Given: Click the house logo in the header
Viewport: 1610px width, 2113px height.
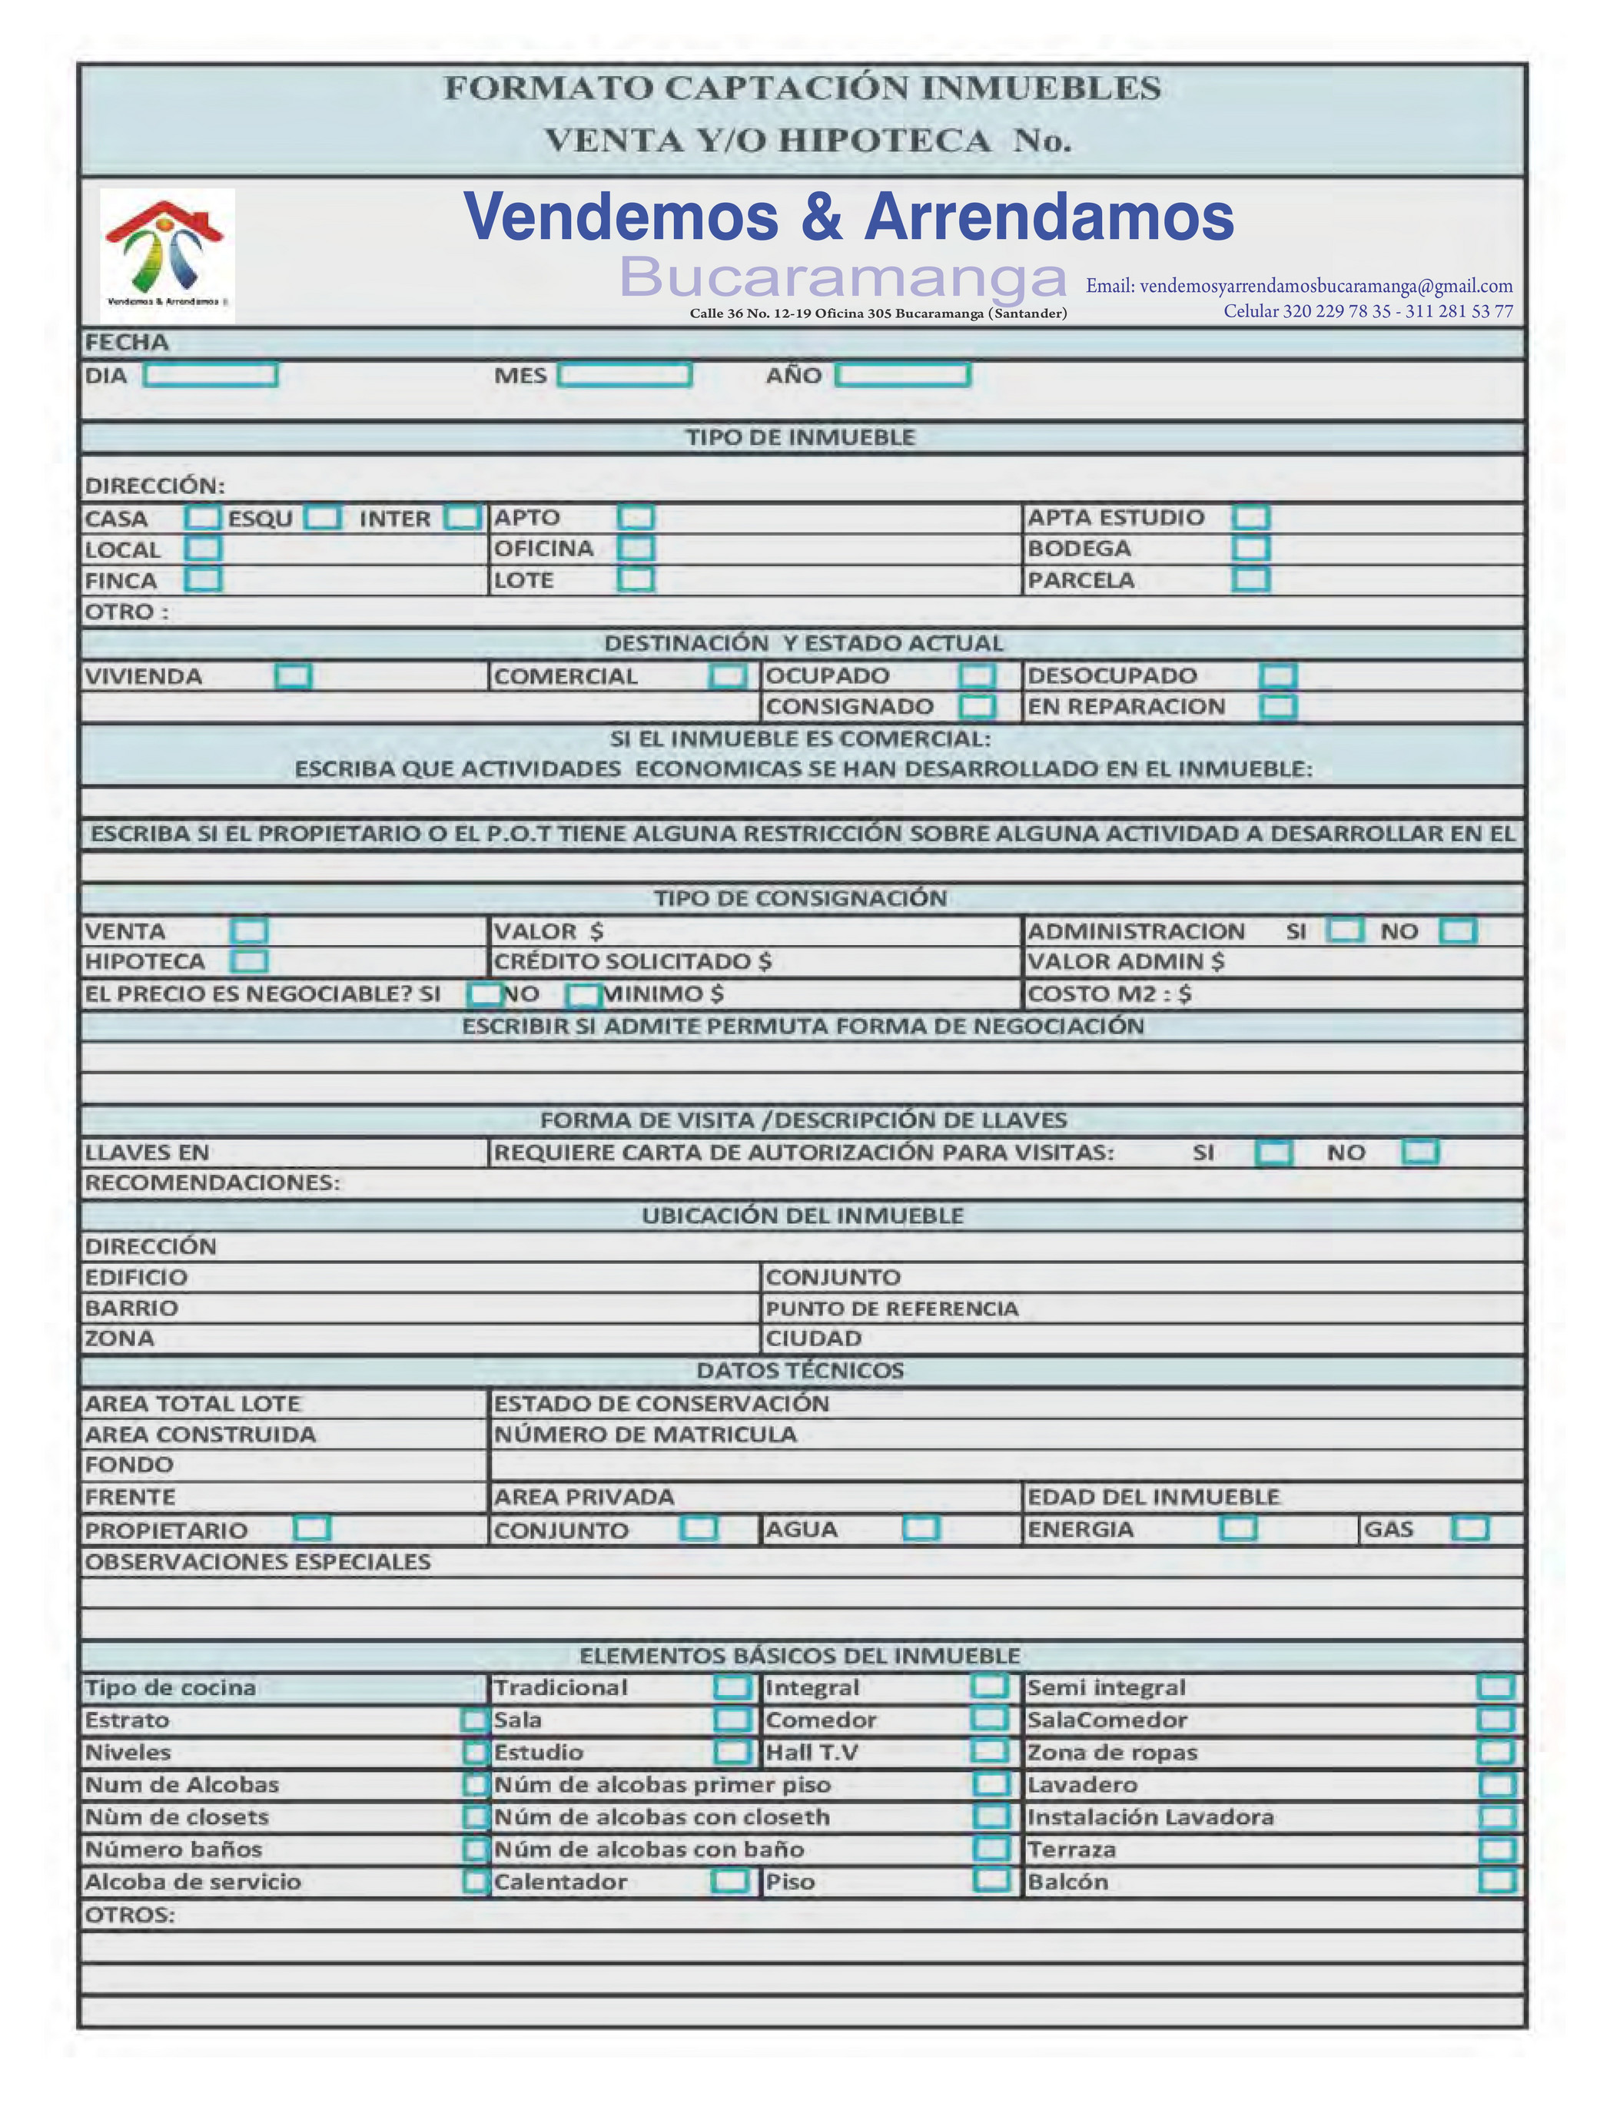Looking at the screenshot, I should (168, 255).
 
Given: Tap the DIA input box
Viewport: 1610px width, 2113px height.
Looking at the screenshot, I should (211, 375).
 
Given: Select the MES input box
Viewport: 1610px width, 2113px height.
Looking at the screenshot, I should (625, 375).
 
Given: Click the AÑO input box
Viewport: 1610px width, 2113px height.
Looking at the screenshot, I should (903, 375).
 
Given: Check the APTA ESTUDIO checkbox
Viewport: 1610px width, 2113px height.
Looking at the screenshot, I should (1250, 517).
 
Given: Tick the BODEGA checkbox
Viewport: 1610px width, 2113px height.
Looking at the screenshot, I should (1250, 548).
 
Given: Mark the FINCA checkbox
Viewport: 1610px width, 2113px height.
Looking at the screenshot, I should (203, 580).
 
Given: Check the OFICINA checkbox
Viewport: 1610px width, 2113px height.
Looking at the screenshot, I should (636, 548).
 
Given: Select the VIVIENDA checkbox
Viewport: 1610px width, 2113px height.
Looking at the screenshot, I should (294, 676).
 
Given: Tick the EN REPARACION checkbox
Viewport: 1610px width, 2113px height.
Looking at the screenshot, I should (1277, 707).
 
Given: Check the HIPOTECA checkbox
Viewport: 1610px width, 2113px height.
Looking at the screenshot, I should (250, 961).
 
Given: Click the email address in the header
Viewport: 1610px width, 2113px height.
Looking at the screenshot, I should (1299, 286).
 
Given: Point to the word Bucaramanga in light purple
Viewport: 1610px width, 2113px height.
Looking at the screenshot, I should (843, 278).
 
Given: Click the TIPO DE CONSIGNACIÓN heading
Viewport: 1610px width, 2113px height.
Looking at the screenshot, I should (802, 898).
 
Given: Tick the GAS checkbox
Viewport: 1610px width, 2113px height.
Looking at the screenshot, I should (1470, 1528).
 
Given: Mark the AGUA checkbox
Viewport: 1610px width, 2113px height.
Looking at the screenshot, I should (921, 1528).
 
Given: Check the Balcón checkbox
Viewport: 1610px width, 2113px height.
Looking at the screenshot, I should (1496, 1881).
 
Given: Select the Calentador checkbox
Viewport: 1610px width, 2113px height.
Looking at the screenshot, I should (730, 1881).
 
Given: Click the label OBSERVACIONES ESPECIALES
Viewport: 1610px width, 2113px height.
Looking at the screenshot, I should (257, 1562).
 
